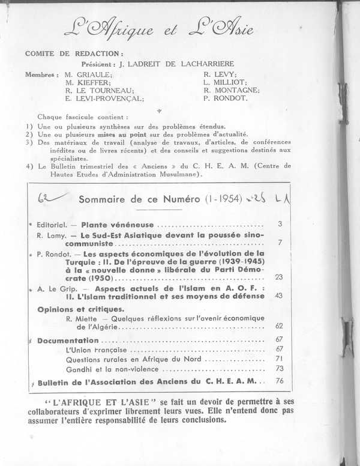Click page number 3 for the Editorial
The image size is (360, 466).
tap(280, 224)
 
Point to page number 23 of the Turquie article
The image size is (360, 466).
tap(278, 277)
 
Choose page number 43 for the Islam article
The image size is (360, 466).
tap(278, 295)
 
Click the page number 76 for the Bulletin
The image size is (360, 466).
tap(279, 381)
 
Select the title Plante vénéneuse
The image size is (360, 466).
tap(110, 224)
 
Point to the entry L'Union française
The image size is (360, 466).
tap(96, 349)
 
